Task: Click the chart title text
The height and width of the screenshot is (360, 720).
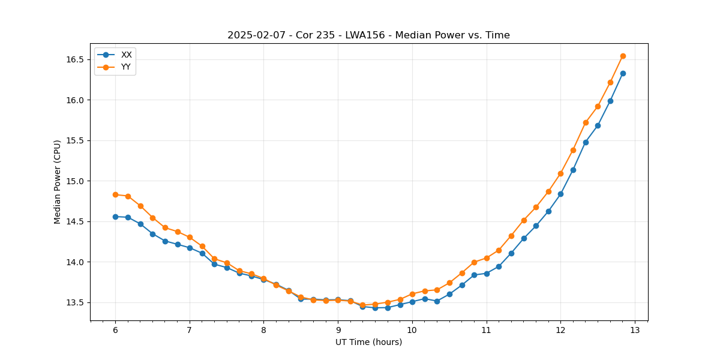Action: click(x=368, y=35)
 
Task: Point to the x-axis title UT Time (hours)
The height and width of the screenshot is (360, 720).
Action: click(x=368, y=342)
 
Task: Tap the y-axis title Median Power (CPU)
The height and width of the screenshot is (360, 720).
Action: click(x=58, y=182)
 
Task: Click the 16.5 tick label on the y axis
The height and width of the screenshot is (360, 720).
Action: click(x=74, y=59)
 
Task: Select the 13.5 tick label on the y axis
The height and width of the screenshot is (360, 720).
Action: click(x=74, y=302)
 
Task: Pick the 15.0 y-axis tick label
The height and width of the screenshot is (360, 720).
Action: click(x=74, y=181)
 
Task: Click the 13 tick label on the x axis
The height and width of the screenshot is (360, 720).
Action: click(x=635, y=331)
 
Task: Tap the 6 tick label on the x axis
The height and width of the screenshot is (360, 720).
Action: click(x=115, y=331)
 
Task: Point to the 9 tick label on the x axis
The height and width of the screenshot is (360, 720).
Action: click(x=338, y=331)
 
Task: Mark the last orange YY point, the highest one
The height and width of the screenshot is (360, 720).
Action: click(x=623, y=56)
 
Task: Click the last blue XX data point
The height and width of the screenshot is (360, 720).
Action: click(x=623, y=73)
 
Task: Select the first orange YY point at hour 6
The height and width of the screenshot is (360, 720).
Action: click(x=115, y=194)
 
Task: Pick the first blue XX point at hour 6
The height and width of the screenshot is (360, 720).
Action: click(x=115, y=217)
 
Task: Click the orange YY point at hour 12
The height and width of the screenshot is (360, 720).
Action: click(x=560, y=173)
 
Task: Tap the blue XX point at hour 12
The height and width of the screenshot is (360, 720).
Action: click(x=560, y=194)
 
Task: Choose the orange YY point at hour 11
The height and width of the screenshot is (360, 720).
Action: click(x=487, y=258)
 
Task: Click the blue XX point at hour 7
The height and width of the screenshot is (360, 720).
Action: click(x=190, y=248)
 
